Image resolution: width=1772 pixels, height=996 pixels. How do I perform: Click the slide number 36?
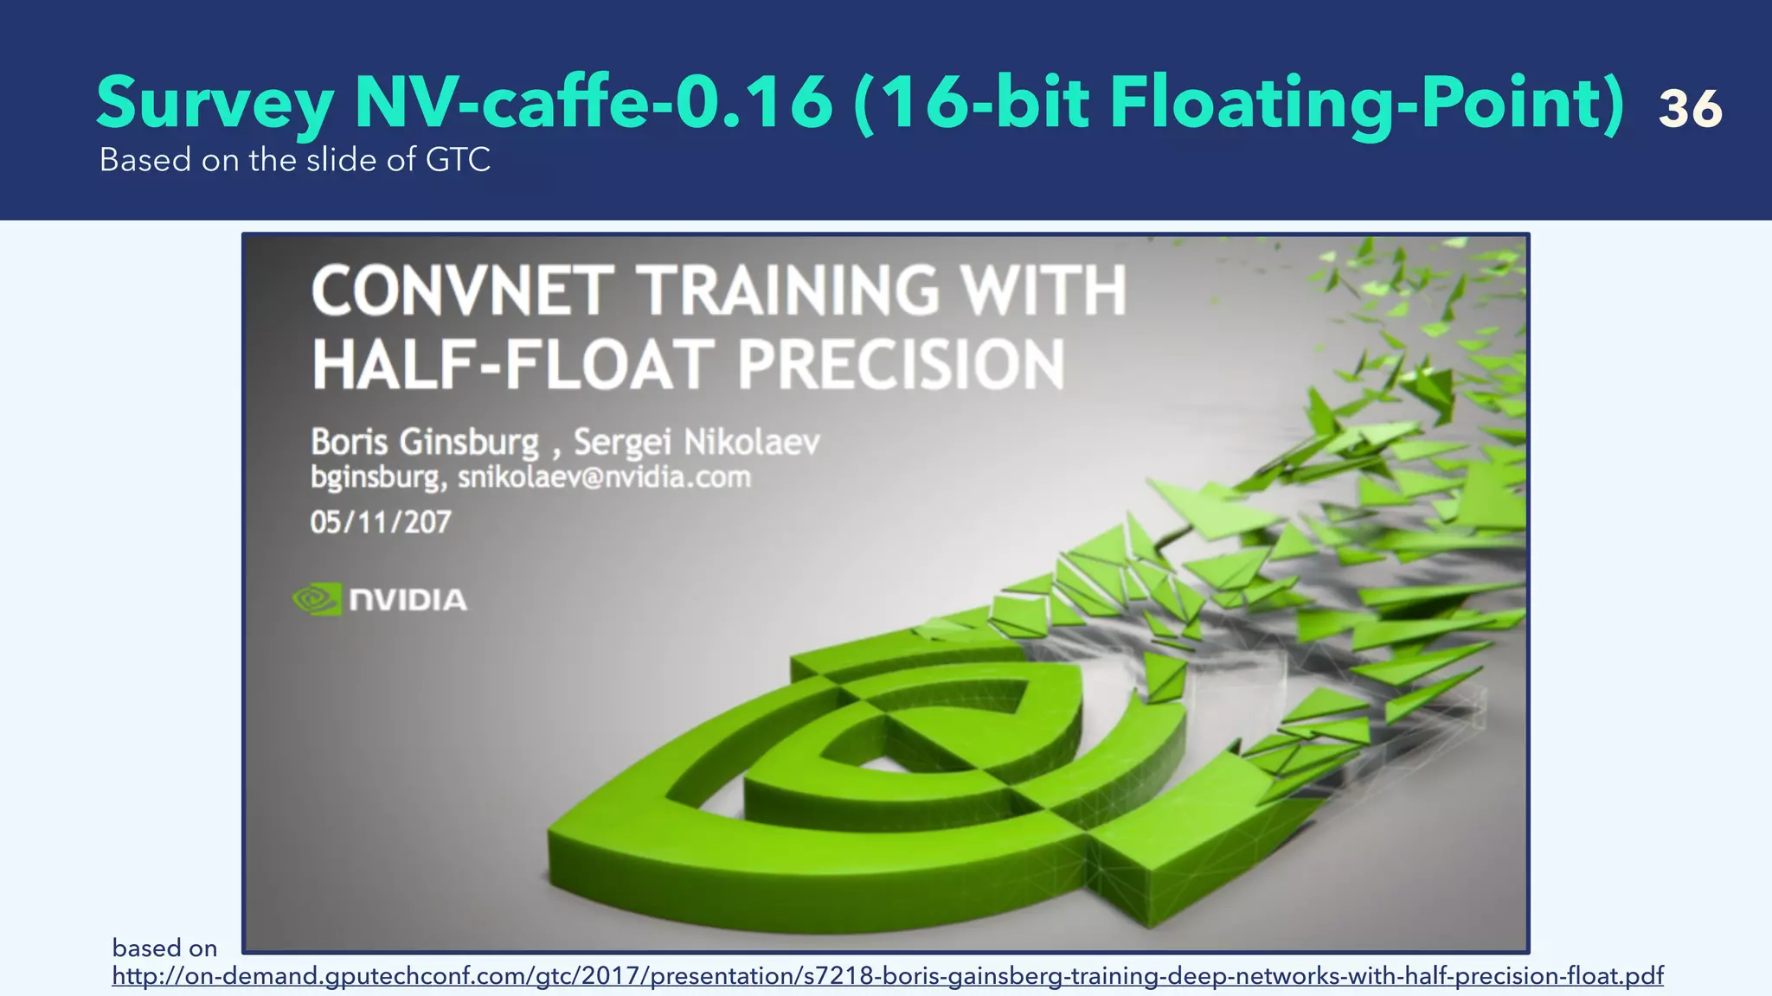pos(1690,110)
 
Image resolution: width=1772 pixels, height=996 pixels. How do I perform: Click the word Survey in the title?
pos(215,104)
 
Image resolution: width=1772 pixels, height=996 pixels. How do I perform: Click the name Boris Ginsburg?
pos(424,442)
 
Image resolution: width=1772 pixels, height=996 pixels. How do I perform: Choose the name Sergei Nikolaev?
pos(697,442)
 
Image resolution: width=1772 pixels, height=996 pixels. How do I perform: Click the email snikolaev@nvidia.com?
pos(604,477)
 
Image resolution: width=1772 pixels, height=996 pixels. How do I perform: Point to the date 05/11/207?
pos(381,522)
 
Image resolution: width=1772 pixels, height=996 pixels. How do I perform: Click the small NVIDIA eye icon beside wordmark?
pos(317,599)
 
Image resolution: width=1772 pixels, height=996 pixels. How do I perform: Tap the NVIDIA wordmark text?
pos(408,600)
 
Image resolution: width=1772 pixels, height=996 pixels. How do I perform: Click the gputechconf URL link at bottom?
pos(887,976)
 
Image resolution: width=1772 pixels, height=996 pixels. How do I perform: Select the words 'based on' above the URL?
pos(164,948)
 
